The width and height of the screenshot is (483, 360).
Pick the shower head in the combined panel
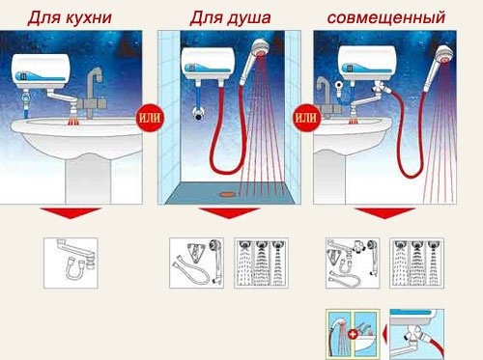[x=440, y=52]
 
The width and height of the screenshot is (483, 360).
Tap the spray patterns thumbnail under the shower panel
[x=258, y=262]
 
